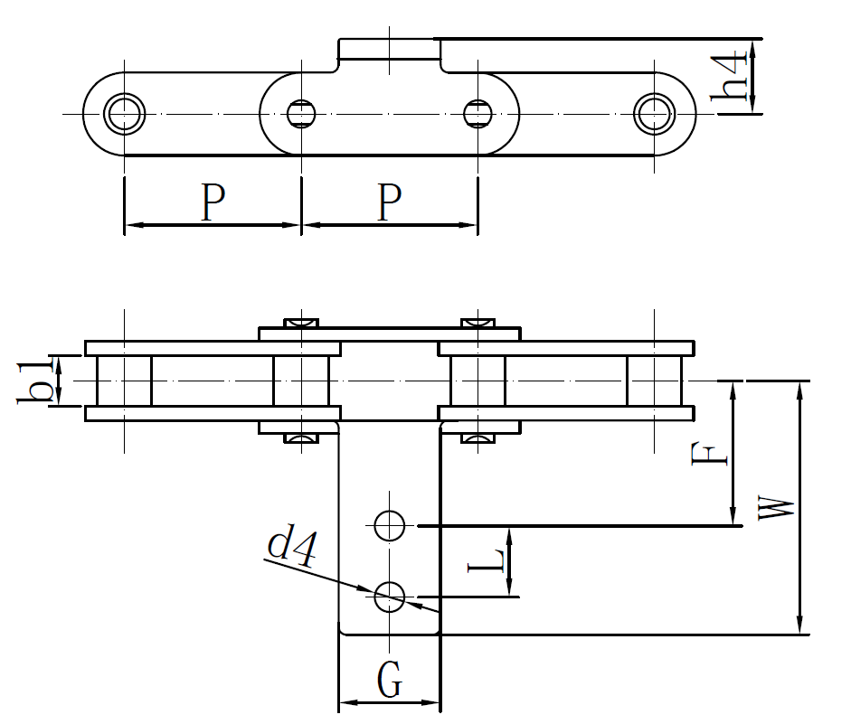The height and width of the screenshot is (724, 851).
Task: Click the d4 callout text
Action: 291,549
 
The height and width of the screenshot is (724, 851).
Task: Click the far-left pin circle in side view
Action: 124,114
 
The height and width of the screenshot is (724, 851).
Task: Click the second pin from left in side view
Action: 301,114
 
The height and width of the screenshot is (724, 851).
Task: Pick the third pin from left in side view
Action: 478,114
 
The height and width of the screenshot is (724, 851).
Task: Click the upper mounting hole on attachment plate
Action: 390,524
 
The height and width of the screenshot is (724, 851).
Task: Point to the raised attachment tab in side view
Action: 389,49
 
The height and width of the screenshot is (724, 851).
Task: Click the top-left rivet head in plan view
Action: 301,323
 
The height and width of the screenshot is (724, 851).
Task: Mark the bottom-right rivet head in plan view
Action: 478,439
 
